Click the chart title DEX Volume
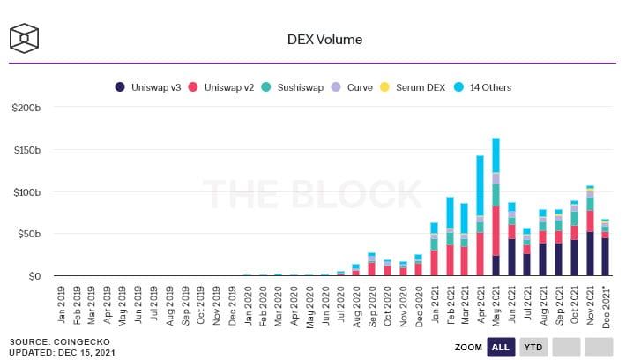[x=324, y=40]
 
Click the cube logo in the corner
[x=24, y=38]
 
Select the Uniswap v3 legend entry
[x=148, y=87]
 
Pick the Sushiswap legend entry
[x=292, y=87]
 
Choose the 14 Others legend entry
[x=482, y=87]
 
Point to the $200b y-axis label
[x=26, y=108]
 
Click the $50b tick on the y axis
[x=29, y=234]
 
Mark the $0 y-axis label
[x=34, y=276]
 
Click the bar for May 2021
[x=496, y=206]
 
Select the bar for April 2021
[x=481, y=215]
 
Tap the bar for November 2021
[x=590, y=230]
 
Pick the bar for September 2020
[x=371, y=264]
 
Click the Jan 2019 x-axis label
[x=61, y=304]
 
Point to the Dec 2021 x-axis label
[x=606, y=307]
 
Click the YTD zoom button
[x=533, y=347]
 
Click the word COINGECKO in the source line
[x=81, y=342]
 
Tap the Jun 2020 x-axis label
[x=325, y=304]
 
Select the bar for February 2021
[x=449, y=236]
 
